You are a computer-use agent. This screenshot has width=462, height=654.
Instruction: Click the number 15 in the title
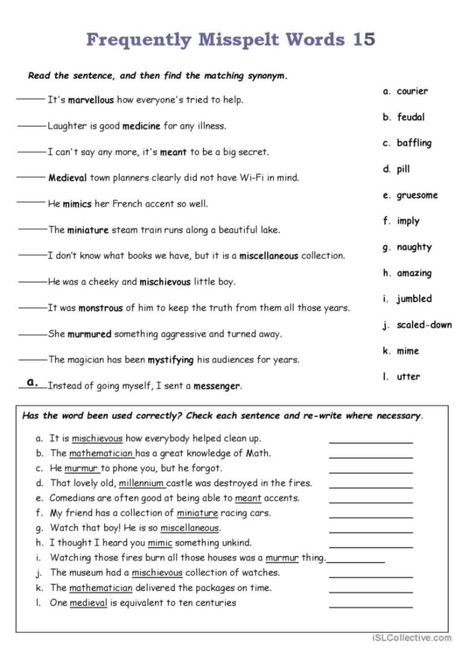pos(359,40)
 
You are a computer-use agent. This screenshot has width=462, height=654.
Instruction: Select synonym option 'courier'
pos(412,91)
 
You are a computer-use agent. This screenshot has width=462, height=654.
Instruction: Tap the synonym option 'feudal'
pos(411,117)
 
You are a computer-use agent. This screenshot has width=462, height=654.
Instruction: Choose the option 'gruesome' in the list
pos(417,195)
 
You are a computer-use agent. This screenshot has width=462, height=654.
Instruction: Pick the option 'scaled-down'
pos(424,325)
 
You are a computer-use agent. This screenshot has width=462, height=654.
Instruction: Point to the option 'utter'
pos(409,377)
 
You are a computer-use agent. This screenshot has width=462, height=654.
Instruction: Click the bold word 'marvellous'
pos(90,100)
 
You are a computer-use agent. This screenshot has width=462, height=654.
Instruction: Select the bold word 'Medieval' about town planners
pos(67,178)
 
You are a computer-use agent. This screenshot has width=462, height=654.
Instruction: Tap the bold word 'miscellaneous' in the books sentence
pos(269,255)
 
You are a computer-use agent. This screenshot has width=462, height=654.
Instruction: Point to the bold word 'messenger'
pos(217,386)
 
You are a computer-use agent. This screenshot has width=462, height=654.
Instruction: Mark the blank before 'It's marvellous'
pos(30,100)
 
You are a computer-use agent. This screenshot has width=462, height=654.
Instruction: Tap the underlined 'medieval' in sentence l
pos(88,603)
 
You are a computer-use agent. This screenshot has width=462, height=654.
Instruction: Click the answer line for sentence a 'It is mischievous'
pos(370,441)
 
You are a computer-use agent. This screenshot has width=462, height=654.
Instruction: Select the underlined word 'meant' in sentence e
pos(248,498)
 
